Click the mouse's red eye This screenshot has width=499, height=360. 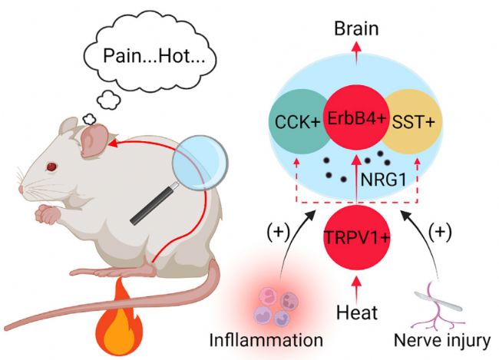(52, 166)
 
